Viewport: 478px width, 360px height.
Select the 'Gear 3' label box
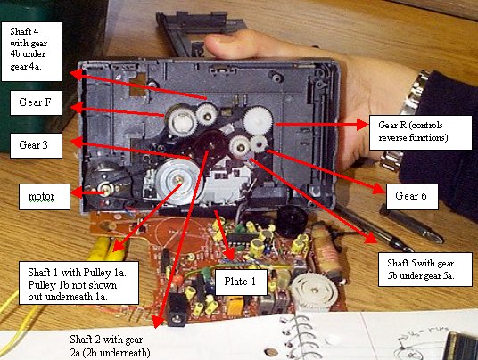[37, 143]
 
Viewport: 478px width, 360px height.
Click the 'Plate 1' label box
[240, 282]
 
